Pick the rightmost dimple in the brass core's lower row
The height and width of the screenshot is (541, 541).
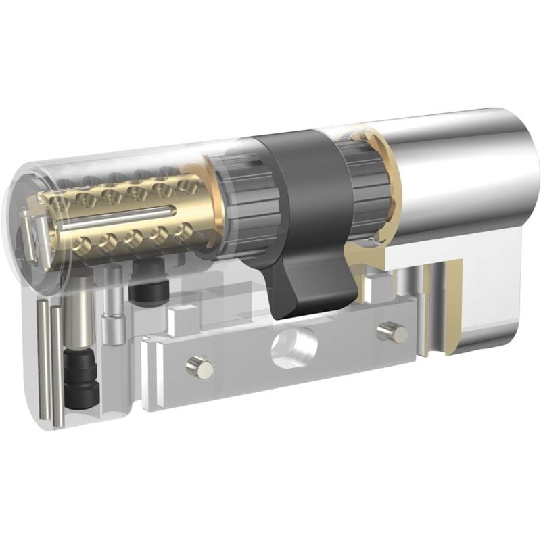(x=181, y=230)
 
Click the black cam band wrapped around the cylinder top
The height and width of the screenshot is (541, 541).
(x=291, y=169)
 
